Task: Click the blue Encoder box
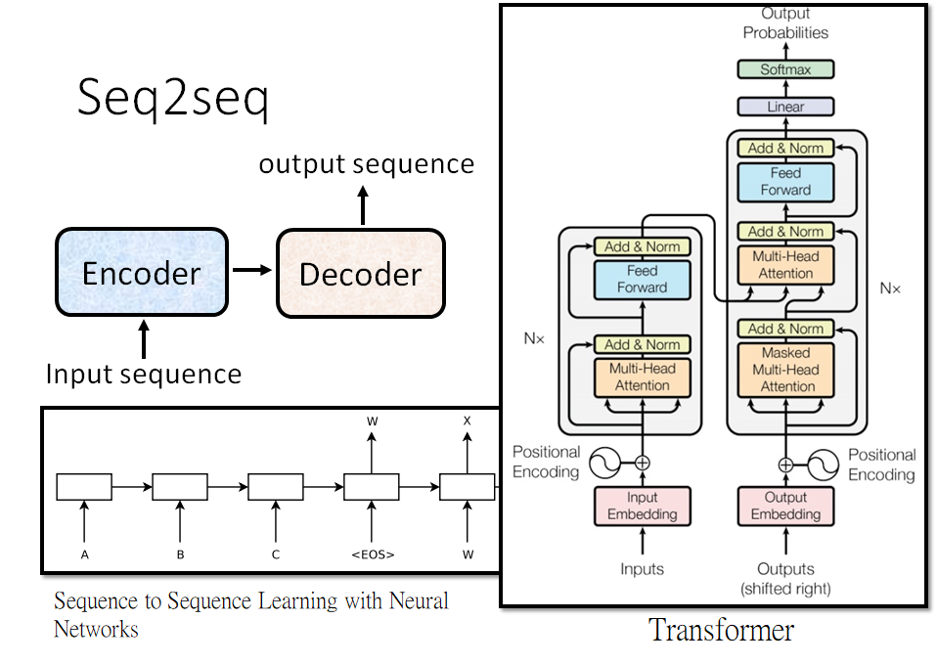(x=142, y=273)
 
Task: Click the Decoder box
(x=360, y=274)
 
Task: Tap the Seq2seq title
(x=173, y=100)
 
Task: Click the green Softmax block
(x=785, y=69)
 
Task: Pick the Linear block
(x=785, y=107)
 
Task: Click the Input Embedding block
(x=642, y=506)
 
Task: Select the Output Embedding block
(x=785, y=506)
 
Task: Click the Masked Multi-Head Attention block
(x=785, y=370)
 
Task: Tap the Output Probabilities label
(x=785, y=22)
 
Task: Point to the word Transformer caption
(x=721, y=631)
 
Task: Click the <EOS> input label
(x=372, y=554)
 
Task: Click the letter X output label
(x=467, y=421)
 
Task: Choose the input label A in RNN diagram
(x=85, y=554)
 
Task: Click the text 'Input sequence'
(x=144, y=374)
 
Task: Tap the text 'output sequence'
(x=366, y=163)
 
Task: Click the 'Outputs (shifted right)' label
(x=785, y=578)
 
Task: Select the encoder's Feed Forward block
(x=642, y=279)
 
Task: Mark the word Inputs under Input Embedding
(x=642, y=569)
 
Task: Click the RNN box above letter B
(x=180, y=486)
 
